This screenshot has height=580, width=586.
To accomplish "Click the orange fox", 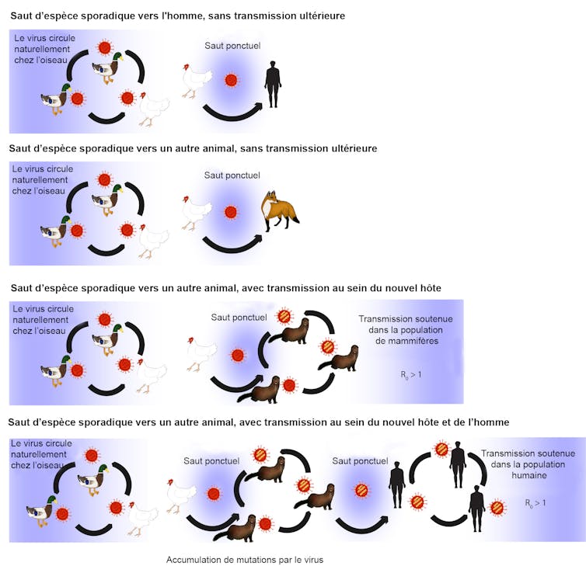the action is point(280,210).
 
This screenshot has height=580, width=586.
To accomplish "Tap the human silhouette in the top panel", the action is point(273,85).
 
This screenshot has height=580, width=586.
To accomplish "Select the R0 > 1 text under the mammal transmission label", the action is point(410,374).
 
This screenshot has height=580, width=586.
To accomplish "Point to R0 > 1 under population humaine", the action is point(535,503).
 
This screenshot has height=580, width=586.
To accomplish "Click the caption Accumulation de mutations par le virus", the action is point(245,560).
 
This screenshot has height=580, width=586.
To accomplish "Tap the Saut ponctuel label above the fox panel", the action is point(232,175).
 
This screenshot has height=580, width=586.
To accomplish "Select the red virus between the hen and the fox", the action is point(231,212).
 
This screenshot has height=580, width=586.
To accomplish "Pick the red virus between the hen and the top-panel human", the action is point(231,80).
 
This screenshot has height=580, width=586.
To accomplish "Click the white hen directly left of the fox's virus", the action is point(196,212).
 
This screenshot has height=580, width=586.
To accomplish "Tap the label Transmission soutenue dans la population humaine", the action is point(528,464).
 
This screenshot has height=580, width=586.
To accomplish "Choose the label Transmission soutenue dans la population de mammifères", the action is point(406,330).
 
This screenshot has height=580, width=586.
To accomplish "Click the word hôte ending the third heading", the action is point(431,288).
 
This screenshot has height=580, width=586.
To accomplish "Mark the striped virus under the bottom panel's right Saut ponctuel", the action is point(361,491).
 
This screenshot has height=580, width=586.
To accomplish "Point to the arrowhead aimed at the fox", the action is point(257,238).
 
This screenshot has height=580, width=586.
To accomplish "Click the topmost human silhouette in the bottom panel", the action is point(458,464).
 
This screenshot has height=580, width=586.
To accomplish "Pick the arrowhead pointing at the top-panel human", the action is point(258,106).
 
